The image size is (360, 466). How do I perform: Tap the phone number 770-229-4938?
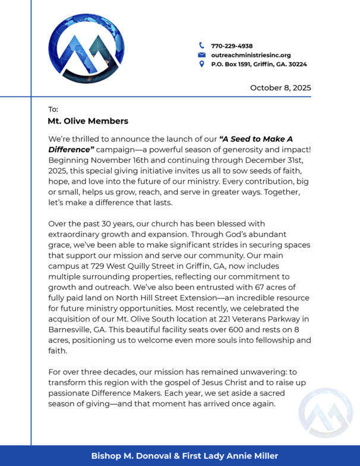coord(232,46)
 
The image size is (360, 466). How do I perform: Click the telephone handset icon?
coord(201,45)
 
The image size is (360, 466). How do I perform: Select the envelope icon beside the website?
coord(201,55)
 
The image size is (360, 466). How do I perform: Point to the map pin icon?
coord(201,64)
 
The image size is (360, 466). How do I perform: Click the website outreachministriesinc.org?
coord(251,55)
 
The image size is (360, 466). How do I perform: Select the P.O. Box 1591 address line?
coord(259,64)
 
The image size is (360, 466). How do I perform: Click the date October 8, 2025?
coord(280,87)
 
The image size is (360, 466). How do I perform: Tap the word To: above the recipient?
coord(53,109)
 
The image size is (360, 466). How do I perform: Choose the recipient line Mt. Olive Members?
coord(88,121)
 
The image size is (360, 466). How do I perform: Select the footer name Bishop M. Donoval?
coord(127,456)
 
